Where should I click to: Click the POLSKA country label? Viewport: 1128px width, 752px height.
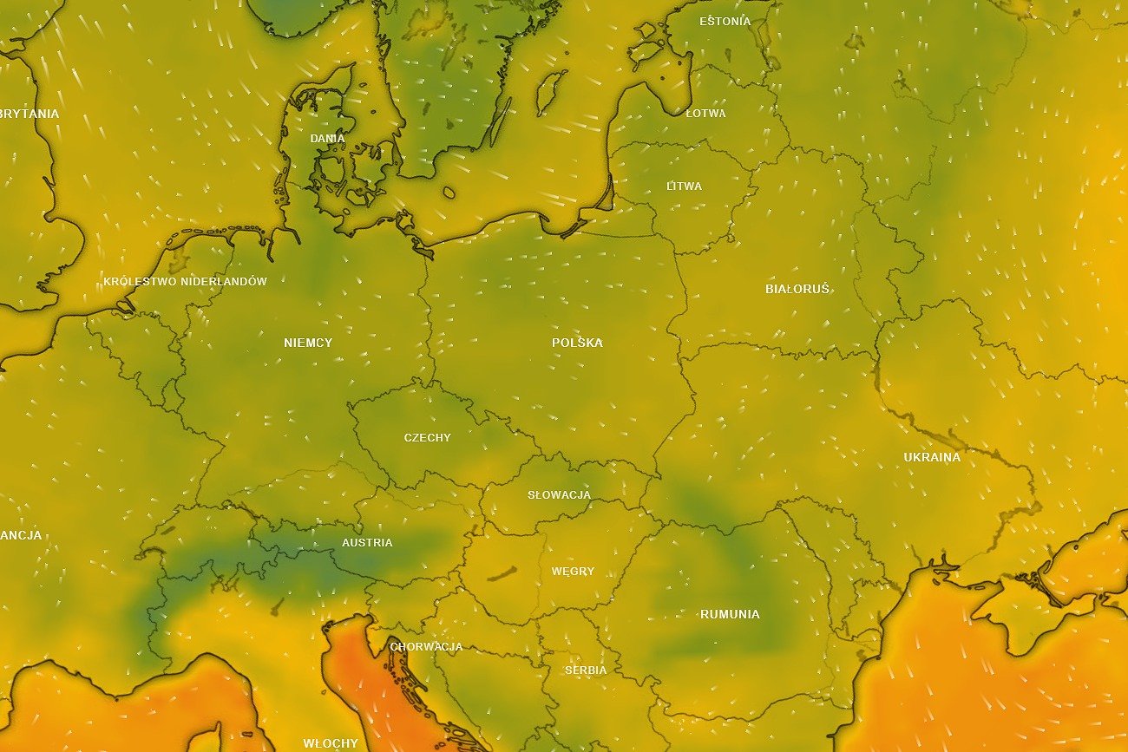577,343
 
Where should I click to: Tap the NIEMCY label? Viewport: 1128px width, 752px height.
308,343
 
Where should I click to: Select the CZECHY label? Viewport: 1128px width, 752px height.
428,438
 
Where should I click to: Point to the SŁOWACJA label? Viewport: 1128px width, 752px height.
559,495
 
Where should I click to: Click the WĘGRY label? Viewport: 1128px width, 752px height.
573,572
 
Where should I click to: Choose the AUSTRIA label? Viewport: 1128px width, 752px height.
367,543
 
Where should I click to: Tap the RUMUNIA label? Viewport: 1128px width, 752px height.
730,614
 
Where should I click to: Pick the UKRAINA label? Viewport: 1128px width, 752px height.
932,457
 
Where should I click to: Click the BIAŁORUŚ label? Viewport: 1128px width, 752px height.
797,289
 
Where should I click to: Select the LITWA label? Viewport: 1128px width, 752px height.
684,186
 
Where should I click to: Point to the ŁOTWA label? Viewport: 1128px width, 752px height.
705,114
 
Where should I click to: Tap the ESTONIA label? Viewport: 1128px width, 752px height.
725,21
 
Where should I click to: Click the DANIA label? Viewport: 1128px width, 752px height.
327,139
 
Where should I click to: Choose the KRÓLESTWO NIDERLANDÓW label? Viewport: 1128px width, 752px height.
185,282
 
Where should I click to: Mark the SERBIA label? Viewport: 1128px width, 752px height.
586,670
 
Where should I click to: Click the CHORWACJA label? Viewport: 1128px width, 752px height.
426,647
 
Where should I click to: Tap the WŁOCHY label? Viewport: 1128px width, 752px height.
331,743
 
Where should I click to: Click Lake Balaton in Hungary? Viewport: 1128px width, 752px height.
502,573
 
